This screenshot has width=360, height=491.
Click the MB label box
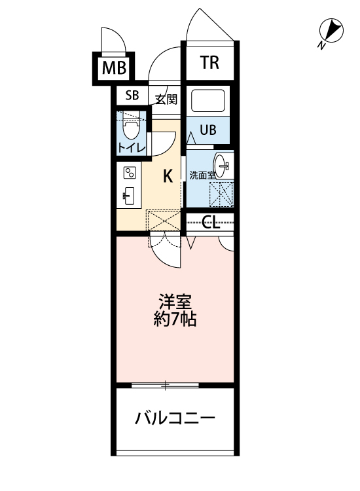pyautogui.click(x=115, y=67)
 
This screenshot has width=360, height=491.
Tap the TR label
pyautogui.click(x=209, y=63)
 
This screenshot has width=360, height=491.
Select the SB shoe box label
pyautogui.click(x=132, y=96)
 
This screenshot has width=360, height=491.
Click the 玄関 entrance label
pyautogui.click(x=166, y=100)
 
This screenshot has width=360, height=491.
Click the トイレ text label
pyautogui.click(x=132, y=148)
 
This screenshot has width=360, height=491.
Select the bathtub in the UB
pyautogui.click(x=208, y=101)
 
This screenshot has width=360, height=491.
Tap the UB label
pyautogui.click(x=207, y=130)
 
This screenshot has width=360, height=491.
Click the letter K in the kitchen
pyautogui.click(x=168, y=175)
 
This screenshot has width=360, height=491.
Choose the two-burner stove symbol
pyautogui.click(x=130, y=173)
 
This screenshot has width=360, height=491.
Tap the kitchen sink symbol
pyautogui.click(x=129, y=196)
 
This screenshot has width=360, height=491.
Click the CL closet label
pyautogui.click(x=210, y=223)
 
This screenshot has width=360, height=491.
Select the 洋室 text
pyautogui.click(x=175, y=302)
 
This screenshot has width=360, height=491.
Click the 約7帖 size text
pyautogui.click(x=175, y=321)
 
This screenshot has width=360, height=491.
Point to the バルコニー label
pyautogui.click(x=175, y=418)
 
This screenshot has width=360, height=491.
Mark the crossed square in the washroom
pyautogui.click(x=221, y=194)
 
